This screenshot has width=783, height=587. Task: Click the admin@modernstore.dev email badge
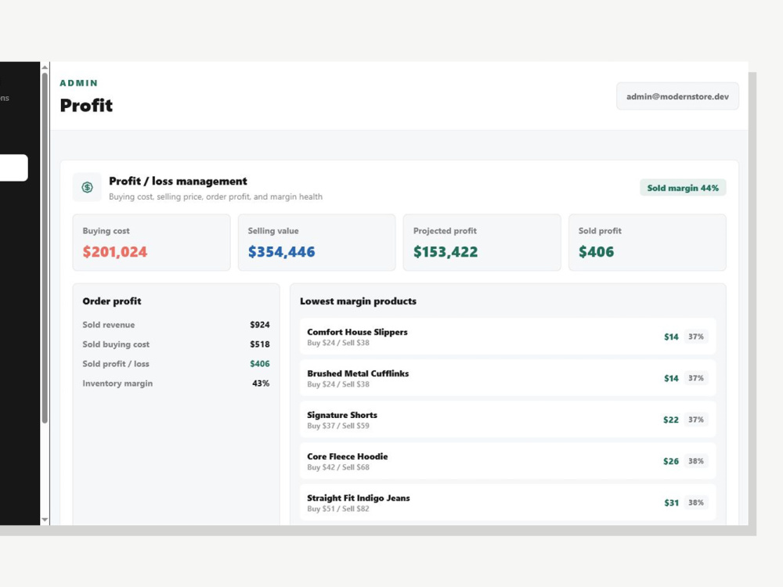pos(677,96)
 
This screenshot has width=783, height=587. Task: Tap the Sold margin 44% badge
pos(683,188)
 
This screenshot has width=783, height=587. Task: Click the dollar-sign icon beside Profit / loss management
pos(88,187)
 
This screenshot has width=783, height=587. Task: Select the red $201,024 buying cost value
pos(115,251)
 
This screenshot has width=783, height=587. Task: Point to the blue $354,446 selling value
pos(282,251)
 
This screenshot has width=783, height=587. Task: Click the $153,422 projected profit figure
pos(446,251)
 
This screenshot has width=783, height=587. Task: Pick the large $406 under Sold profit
pos(596,251)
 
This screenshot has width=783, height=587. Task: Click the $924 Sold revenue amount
pos(260,325)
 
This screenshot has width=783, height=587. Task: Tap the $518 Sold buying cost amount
pos(260,344)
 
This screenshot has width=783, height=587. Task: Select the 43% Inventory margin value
pos(261,384)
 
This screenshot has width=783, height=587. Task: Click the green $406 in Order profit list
pos(260,364)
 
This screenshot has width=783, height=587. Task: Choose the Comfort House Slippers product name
pos(357,332)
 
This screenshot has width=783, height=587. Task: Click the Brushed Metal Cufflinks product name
pos(358,373)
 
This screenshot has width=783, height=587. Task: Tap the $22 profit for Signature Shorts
pos(671,420)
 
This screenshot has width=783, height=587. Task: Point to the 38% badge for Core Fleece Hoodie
pos(695,461)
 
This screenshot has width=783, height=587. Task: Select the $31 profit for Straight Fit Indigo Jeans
pos(671,502)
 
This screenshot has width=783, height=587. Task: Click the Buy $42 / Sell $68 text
pos(338,467)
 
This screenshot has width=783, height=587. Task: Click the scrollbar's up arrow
pos(45,67)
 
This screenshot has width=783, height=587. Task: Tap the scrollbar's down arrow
pos(45,520)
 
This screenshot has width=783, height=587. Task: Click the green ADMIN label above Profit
pos(79,83)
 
